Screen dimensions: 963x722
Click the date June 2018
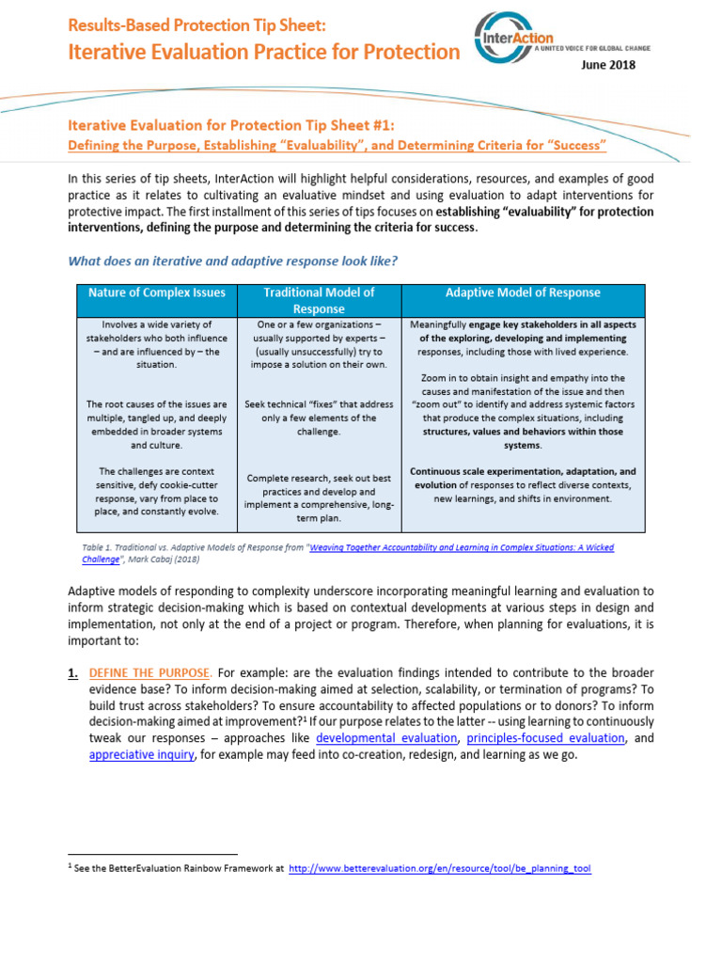pyautogui.click(x=609, y=65)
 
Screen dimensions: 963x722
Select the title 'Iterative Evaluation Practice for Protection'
pyautogui.click(x=263, y=52)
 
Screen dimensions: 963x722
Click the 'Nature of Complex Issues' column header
pyautogui.click(x=156, y=292)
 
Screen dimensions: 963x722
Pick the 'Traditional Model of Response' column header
pyautogui.click(x=319, y=300)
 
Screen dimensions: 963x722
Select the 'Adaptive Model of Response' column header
pyautogui.click(x=524, y=292)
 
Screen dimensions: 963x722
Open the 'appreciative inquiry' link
pyautogui.click(x=143, y=754)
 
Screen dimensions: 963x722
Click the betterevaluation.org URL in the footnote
pyautogui.click(x=439, y=869)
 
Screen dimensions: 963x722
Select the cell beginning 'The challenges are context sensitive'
pyautogui.click(x=156, y=491)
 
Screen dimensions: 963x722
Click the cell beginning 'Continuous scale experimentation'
pyautogui.click(x=524, y=484)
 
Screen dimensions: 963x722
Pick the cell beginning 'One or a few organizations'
pyautogui.click(x=319, y=344)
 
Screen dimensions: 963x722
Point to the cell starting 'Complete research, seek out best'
pyautogui.click(x=319, y=497)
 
